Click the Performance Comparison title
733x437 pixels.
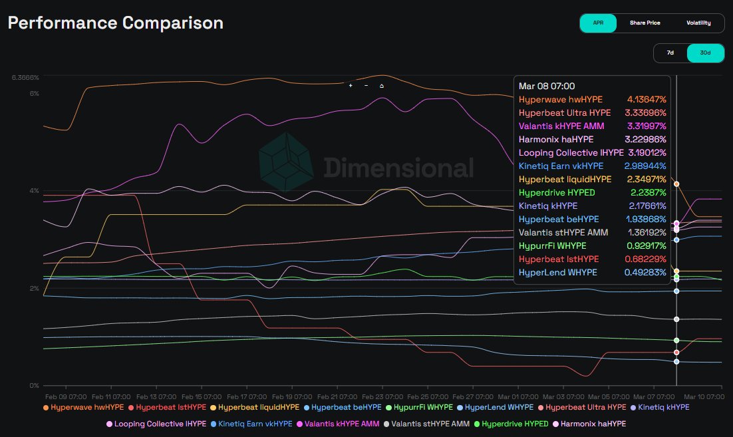pyautogui.click(x=116, y=23)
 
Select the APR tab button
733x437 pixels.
pyautogui.click(x=598, y=23)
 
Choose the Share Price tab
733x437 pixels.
pyautogui.click(x=645, y=23)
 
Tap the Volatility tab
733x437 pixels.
pyautogui.click(x=698, y=23)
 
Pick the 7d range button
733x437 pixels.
pyautogui.click(x=670, y=53)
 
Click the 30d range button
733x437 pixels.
pyautogui.click(x=705, y=53)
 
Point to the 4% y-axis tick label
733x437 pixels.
pyautogui.click(x=33, y=191)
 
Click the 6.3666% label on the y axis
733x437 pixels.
pyautogui.click(x=25, y=78)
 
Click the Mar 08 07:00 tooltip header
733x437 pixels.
pyautogui.click(x=547, y=86)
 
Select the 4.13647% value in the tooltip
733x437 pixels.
pyautogui.click(x=646, y=99)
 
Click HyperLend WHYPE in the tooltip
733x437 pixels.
pyautogui.click(x=557, y=272)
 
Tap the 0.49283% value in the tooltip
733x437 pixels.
pyautogui.click(x=645, y=272)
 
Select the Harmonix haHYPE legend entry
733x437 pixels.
pyautogui.click(x=593, y=423)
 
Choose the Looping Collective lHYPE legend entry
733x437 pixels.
pyautogui.click(x=156, y=423)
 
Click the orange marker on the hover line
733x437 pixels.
pyautogui.click(x=676, y=184)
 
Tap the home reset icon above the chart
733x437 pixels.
pyautogui.click(x=382, y=86)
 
